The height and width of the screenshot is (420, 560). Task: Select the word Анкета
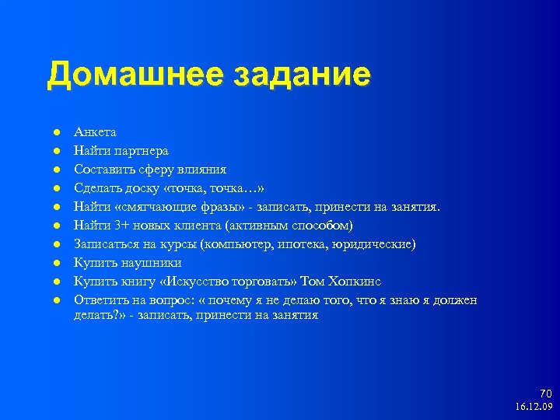[x=95, y=132]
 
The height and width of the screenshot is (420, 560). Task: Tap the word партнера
[x=140, y=150]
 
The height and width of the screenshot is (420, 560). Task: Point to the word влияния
[x=200, y=169]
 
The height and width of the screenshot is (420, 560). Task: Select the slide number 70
[x=545, y=394]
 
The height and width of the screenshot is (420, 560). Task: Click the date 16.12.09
[x=534, y=407]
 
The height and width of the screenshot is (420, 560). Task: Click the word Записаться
[x=104, y=243]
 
